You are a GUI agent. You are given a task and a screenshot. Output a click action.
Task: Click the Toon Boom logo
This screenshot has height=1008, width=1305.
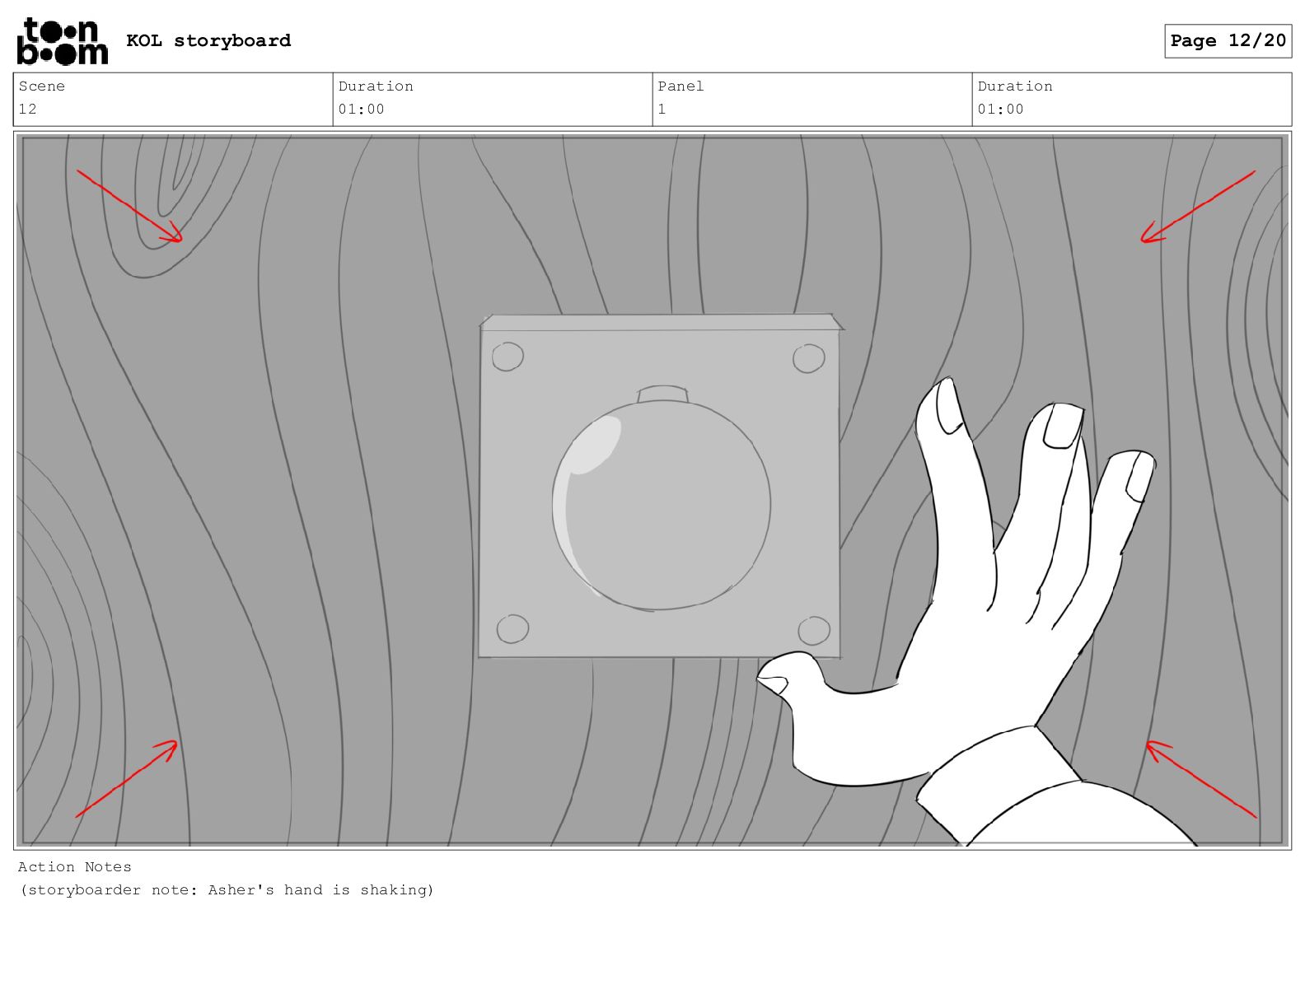point(63,41)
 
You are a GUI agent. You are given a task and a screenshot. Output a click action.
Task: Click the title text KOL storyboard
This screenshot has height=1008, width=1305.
point(208,41)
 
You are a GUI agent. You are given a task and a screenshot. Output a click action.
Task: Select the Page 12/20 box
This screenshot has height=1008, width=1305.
point(1228,41)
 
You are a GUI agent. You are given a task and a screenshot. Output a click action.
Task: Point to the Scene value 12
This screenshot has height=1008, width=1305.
point(28,110)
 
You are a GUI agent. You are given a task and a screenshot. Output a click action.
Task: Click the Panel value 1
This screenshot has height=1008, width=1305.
point(662,110)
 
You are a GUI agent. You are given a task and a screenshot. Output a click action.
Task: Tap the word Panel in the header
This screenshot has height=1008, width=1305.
point(681,86)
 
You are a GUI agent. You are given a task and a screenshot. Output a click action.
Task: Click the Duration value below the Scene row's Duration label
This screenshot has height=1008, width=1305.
point(361,110)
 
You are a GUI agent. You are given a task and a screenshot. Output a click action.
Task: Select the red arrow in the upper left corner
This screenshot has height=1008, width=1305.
point(129,207)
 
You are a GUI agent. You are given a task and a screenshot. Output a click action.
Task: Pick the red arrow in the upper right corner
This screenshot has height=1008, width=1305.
point(1198,207)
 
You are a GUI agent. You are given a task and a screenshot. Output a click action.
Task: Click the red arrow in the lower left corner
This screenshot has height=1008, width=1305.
point(126,779)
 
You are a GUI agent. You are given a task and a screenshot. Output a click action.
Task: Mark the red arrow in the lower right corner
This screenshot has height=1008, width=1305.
point(1200,779)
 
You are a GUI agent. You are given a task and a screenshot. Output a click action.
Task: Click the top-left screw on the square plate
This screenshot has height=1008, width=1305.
point(507,357)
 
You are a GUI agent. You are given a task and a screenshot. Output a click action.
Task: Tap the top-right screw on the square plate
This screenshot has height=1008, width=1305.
point(808,358)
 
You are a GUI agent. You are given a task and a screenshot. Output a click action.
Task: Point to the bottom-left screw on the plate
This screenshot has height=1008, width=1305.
point(513,628)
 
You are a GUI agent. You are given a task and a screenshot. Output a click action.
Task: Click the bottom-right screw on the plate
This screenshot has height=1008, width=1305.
point(814,630)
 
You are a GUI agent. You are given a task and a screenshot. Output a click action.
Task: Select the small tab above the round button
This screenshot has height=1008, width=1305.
point(662,394)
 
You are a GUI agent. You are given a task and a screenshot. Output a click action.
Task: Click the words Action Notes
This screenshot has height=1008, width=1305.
point(74,866)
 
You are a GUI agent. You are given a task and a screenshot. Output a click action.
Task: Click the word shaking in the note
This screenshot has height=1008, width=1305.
point(396,889)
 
